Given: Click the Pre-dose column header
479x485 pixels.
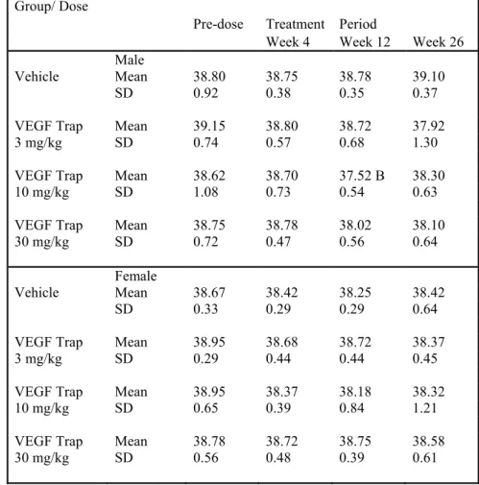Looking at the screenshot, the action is click(218, 24).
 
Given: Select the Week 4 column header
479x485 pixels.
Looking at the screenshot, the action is click(288, 42).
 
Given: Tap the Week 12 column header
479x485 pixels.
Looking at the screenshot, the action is click(365, 42).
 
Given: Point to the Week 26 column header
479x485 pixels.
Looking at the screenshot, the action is click(438, 42).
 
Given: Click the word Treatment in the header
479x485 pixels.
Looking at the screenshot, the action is click(295, 24).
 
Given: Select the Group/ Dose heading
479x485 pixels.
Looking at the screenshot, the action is click(51, 7).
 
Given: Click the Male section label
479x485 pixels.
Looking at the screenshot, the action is click(130, 60).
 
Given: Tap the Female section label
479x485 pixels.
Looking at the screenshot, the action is click(136, 276).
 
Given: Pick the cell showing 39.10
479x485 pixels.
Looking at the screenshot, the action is click(428, 77).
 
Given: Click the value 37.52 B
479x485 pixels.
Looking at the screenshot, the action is click(362, 176).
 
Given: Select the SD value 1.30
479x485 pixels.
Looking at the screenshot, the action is click(425, 142).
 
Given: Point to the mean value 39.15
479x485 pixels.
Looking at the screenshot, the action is click(209, 126).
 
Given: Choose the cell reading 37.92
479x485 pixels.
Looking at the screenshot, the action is click(428, 126).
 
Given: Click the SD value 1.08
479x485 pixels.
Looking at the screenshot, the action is click(205, 192).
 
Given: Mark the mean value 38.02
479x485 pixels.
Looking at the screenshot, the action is click(355, 225).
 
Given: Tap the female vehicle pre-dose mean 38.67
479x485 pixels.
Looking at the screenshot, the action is click(209, 293).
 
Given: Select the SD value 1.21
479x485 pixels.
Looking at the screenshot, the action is click(425, 408).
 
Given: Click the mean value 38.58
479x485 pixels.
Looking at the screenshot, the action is click(428, 442).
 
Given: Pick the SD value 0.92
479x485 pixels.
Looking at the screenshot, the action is click(205, 93).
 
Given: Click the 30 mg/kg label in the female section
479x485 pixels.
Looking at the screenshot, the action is click(42, 458).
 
